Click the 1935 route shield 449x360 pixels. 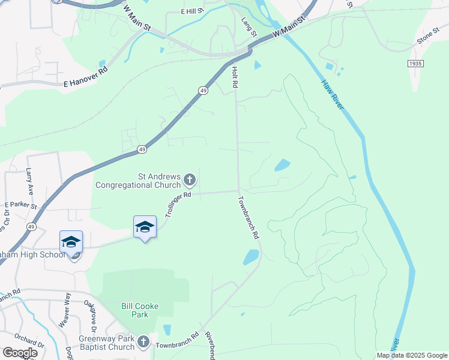tap(415, 63)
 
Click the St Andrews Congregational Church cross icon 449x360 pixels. tap(190, 179)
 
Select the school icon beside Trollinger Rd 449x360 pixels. tap(145, 227)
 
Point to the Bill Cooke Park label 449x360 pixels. tap(139, 310)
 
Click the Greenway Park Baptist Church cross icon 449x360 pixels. tap(143, 342)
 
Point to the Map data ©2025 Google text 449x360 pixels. tap(411, 355)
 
